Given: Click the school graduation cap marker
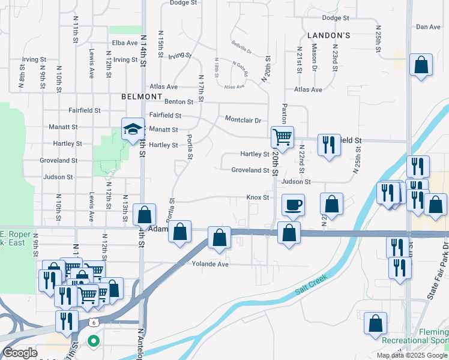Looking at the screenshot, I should coord(133,129).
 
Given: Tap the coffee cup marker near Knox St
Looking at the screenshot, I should coord(293,205).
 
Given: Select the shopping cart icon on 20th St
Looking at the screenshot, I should coord(282,137).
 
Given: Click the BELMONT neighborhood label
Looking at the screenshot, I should coord(142,97).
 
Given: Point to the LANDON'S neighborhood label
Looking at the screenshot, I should coord(328,36).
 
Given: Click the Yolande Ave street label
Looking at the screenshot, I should coord(210,264).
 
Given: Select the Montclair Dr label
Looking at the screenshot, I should coord(243,120).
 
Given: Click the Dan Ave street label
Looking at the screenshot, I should coord(428,27).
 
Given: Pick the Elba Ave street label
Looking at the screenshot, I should coord(125,43).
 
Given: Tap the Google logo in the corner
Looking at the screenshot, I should coord(20,353).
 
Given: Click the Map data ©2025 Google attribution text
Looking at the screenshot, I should coord(412,355).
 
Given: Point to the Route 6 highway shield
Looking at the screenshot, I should coord(94,322).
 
